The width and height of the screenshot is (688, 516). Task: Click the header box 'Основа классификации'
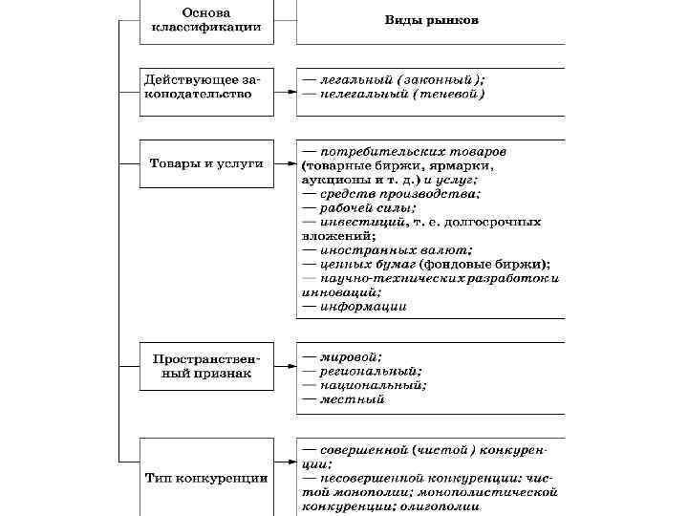coord(206,21)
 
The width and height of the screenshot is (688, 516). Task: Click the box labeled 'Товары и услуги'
coord(206,164)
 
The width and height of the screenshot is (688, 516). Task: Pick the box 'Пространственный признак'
coord(206,366)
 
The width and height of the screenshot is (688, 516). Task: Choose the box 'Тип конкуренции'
coord(206,477)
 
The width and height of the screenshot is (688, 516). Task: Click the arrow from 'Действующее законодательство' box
coord(285,93)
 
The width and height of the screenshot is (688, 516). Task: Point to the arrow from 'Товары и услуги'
coord(285,164)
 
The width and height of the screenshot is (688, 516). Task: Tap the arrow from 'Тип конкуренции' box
coord(285,477)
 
